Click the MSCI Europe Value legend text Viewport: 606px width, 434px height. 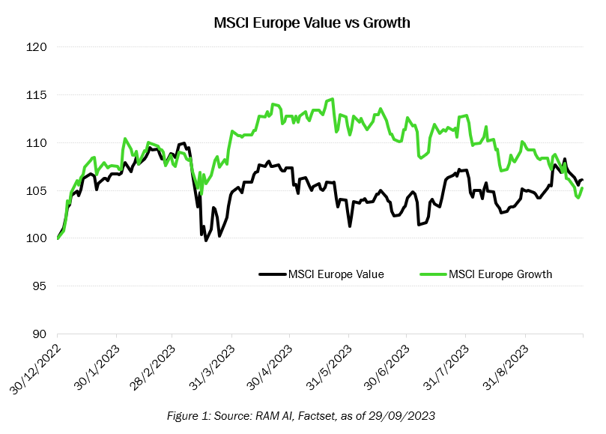[336, 274]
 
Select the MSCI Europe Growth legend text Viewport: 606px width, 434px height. [500, 274]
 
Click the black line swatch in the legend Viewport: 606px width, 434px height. [272, 274]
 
